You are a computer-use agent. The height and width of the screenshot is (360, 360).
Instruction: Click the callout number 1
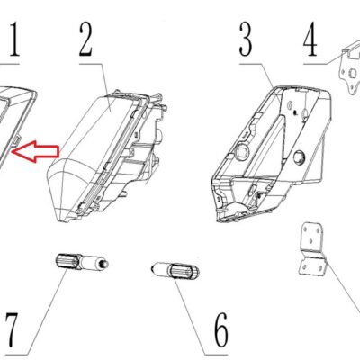13,40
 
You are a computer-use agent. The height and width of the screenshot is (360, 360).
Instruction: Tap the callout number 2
85,40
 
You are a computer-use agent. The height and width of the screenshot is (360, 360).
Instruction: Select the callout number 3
246,40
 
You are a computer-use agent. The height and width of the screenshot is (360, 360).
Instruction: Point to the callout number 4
310,40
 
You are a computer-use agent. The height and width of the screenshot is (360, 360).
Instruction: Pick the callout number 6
221,329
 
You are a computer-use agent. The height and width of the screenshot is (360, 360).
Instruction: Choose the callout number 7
11,329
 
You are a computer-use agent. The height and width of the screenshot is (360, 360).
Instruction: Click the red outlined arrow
35,151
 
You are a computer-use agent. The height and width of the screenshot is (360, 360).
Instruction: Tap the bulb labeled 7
82,262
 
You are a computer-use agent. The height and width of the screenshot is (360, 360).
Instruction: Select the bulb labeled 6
175,270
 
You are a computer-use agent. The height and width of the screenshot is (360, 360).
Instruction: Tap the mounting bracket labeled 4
349,69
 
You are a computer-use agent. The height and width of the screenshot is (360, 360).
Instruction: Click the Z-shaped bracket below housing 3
312,248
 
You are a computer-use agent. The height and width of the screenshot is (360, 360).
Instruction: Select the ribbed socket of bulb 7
67,261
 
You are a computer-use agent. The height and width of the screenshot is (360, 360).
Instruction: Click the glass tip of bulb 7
103,264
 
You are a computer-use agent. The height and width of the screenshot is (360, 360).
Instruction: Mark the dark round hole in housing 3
299,158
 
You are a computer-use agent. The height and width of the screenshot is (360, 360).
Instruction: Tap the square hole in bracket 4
353,73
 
